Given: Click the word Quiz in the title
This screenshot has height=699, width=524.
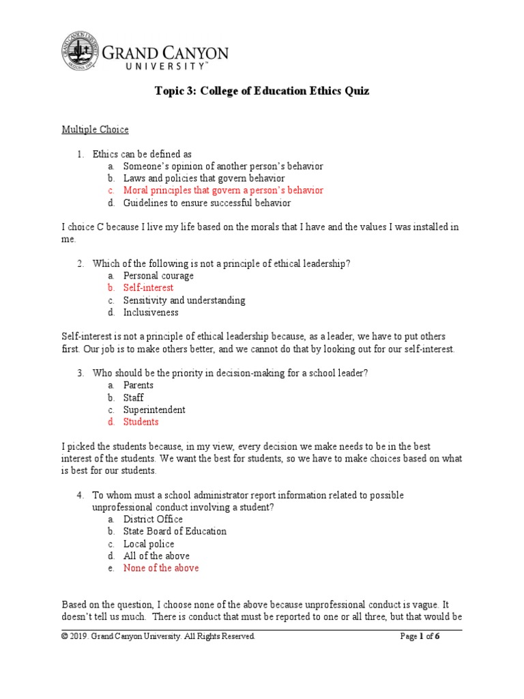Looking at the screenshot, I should [x=354, y=91].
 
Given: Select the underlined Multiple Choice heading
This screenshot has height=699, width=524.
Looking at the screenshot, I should [x=95, y=129].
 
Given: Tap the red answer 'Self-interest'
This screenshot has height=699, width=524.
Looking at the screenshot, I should [x=148, y=288].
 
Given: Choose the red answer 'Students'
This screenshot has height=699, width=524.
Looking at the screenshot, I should [x=141, y=422].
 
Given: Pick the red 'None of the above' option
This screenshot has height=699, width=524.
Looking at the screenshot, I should [x=161, y=568].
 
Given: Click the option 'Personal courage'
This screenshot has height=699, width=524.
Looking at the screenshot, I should [x=158, y=276].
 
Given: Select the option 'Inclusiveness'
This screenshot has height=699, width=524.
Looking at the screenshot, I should [x=151, y=313].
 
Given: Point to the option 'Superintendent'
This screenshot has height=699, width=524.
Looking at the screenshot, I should [x=154, y=410].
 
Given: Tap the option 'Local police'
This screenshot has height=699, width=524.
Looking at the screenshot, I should [x=149, y=543].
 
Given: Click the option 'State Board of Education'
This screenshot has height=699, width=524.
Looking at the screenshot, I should [x=175, y=531].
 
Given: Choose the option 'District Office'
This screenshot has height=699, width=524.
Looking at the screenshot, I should [x=153, y=519].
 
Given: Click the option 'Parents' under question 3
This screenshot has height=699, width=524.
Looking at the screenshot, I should [x=139, y=385].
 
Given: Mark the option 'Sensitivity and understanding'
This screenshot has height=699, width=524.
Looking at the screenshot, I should [x=184, y=300].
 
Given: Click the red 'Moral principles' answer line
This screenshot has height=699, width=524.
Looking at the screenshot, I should [x=223, y=190].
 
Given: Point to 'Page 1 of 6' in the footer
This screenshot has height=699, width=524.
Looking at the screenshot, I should [x=420, y=636].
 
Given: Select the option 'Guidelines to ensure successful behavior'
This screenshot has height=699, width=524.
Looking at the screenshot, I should [x=207, y=203].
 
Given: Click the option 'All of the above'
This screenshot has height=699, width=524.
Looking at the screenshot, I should [x=156, y=556].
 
